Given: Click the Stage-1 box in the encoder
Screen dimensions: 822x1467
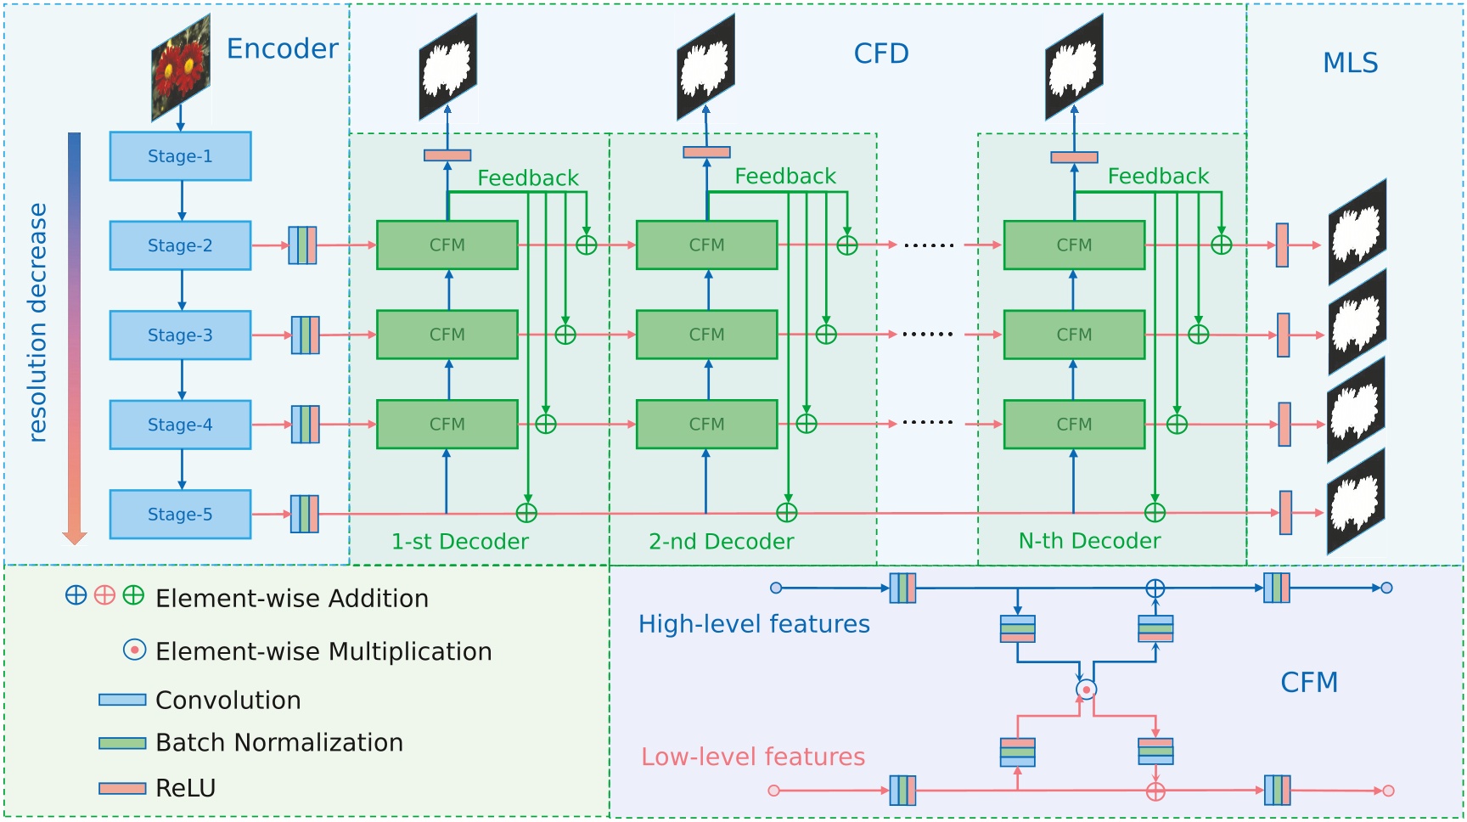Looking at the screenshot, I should click(x=180, y=156).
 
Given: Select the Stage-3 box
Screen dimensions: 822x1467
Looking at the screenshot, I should click(x=180, y=335).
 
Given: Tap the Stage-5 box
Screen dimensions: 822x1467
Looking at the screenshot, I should click(x=180, y=515).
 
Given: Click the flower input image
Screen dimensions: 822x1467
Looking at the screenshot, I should click(x=181, y=68).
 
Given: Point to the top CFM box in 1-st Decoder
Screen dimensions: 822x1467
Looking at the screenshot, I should click(x=447, y=245).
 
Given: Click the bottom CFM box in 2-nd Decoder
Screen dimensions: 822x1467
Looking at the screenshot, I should click(x=706, y=425).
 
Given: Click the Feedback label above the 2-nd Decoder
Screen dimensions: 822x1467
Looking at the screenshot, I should click(x=784, y=177).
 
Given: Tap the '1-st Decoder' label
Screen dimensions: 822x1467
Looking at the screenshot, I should click(x=459, y=542).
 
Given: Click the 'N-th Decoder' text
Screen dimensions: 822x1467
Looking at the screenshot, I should click(x=1089, y=541).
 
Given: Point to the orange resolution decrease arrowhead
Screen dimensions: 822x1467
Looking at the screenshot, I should click(x=75, y=537).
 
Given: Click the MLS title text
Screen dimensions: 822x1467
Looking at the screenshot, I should click(x=1350, y=63).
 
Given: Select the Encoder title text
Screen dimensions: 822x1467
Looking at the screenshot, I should click(x=282, y=49).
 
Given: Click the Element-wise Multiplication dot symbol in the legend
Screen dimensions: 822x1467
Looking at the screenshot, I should click(x=134, y=650).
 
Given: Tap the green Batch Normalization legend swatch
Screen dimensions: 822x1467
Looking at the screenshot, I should click(x=122, y=743).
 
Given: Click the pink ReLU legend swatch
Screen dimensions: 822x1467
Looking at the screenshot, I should click(x=122, y=789).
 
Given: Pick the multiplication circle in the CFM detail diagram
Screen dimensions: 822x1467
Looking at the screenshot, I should click(x=1086, y=690).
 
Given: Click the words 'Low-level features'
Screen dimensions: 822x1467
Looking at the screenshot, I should click(x=752, y=757).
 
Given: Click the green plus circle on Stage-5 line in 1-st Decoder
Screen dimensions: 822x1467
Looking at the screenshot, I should click(x=526, y=513).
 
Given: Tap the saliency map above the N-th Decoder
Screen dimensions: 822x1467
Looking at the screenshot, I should click(x=1074, y=68).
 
